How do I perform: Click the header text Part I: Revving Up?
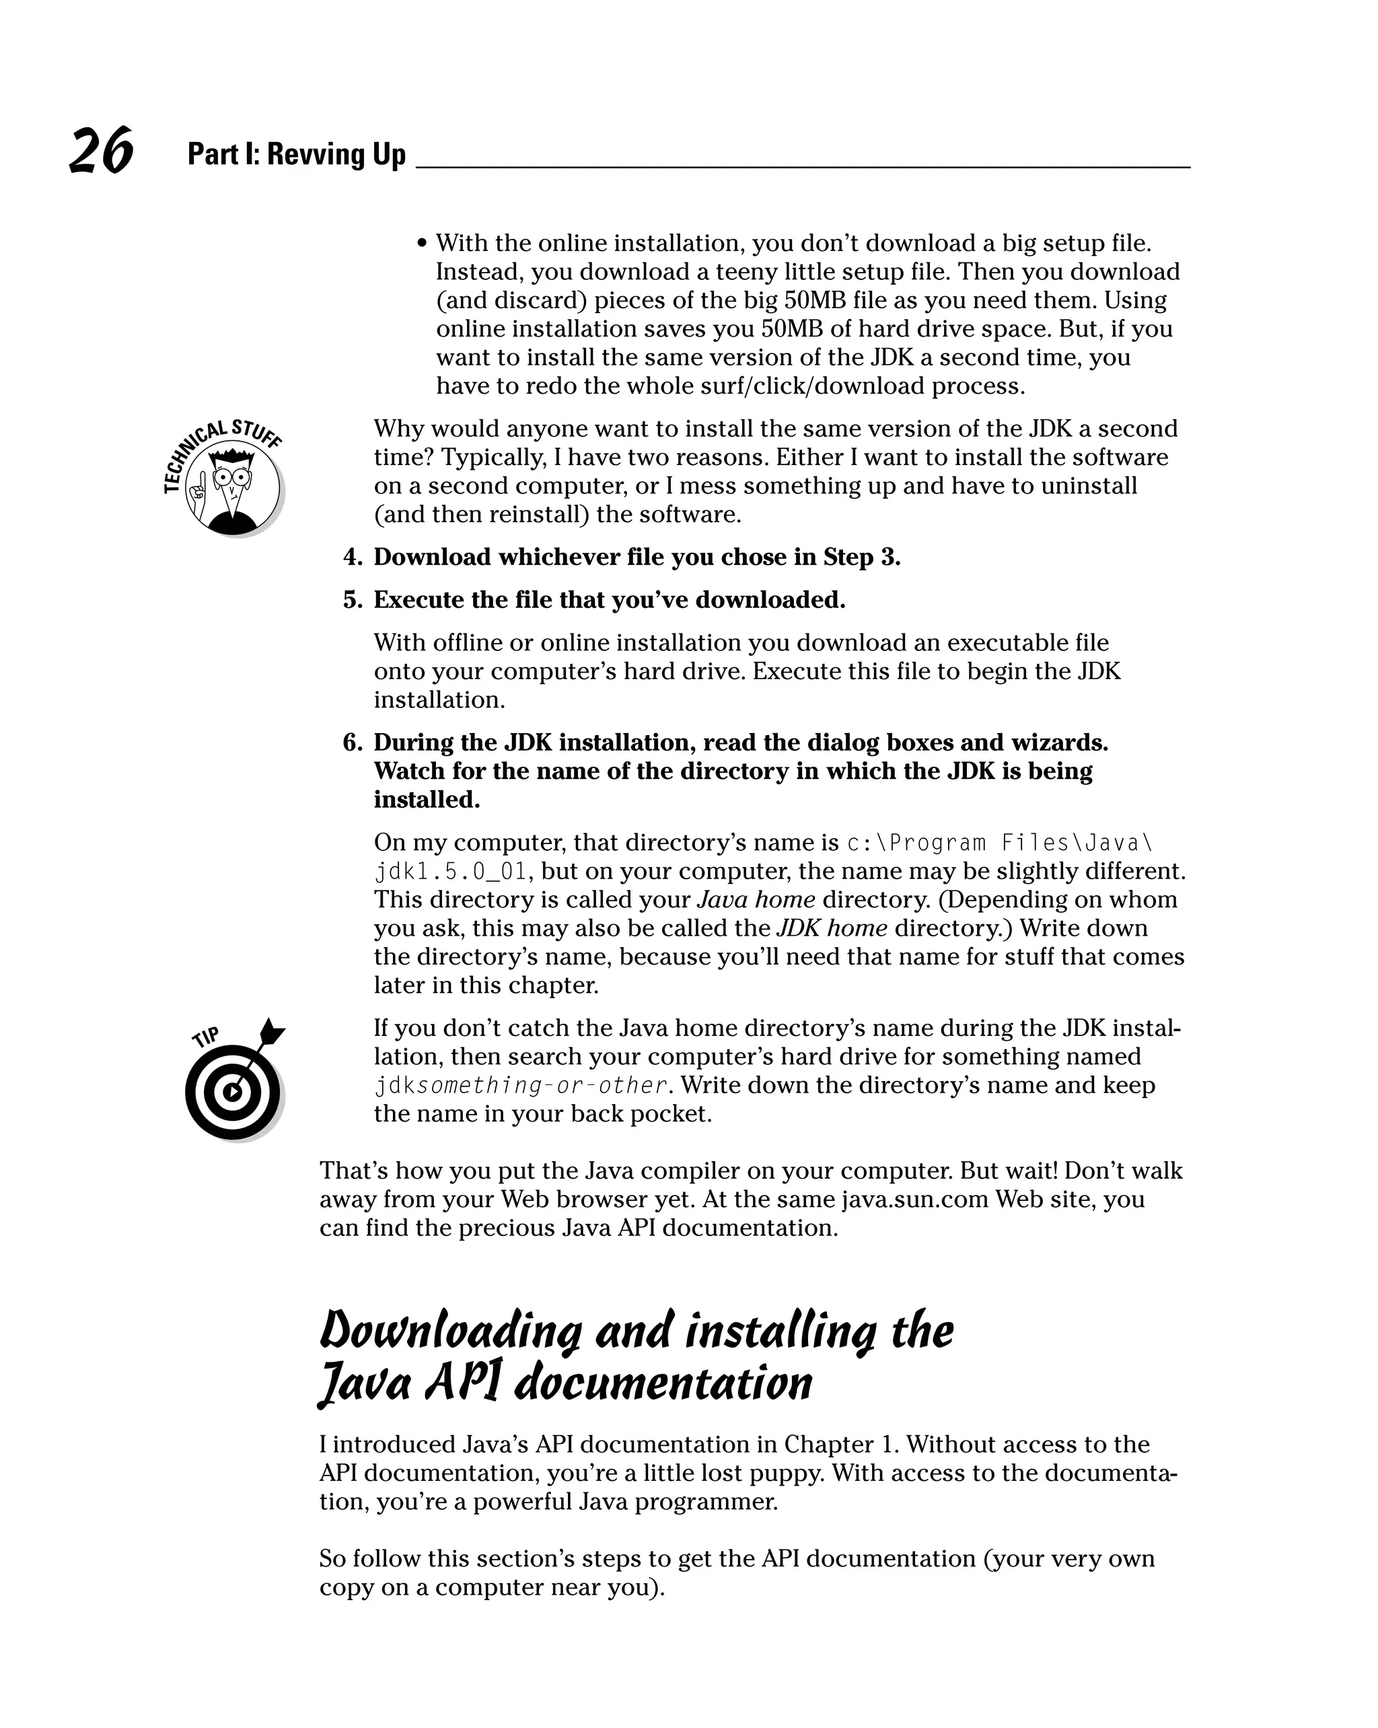click(x=297, y=154)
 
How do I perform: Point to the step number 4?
click(x=352, y=557)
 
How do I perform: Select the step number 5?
click(x=352, y=600)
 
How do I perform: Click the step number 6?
click(x=352, y=742)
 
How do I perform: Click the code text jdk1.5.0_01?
click(x=450, y=871)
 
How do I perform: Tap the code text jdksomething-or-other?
click(x=521, y=1085)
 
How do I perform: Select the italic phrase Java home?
click(x=756, y=899)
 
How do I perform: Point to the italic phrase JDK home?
click(x=832, y=928)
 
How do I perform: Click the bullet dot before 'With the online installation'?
click(x=422, y=244)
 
